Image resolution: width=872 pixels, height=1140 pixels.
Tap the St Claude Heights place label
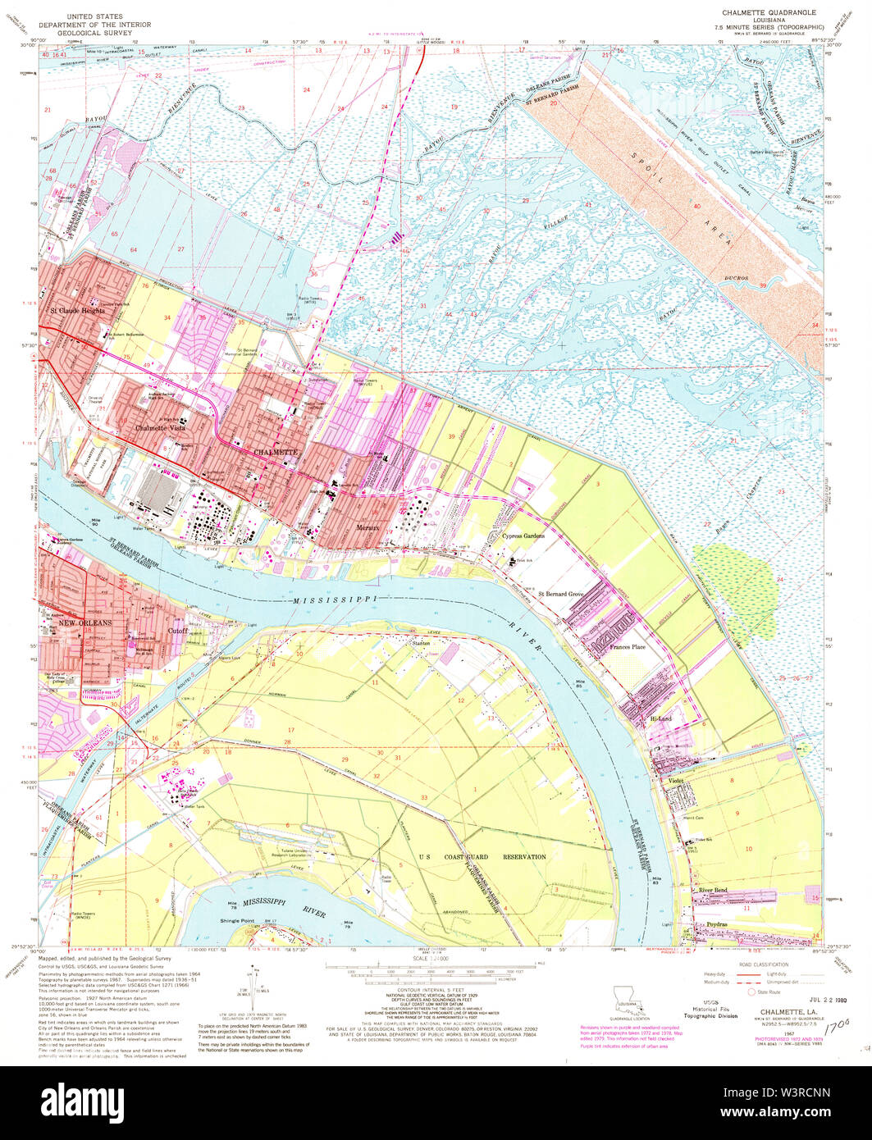(x=76, y=311)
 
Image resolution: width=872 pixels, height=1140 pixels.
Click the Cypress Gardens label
(x=523, y=535)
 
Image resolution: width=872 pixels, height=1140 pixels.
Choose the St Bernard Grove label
(x=560, y=593)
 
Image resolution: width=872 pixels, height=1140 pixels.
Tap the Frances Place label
(x=627, y=647)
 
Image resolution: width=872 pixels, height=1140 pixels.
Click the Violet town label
(x=675, y=780)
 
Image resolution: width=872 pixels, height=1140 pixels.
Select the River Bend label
(x=713, y=890)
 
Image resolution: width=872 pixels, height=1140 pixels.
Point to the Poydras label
(x=710, y=925)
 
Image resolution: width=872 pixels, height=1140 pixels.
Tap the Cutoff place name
(x=178, y=631)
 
